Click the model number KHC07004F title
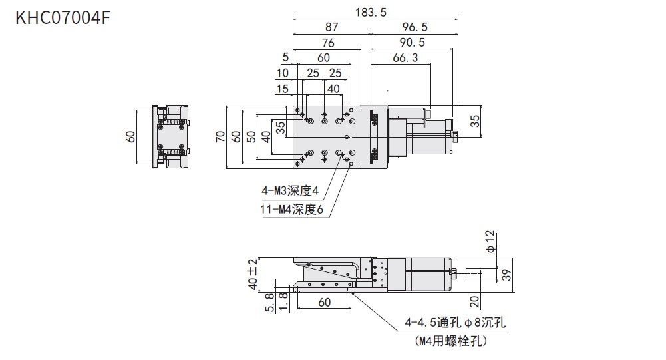tap(62, 17)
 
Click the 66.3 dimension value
tap(405, 58)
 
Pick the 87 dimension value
tap(331, 27)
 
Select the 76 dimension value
tap(327, 43)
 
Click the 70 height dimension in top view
tap(220, 136)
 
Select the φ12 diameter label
tap(491, 240)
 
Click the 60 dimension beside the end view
tap(131, 136)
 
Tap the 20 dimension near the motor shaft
tap(474, 302)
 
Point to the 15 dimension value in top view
tap(283, 89)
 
